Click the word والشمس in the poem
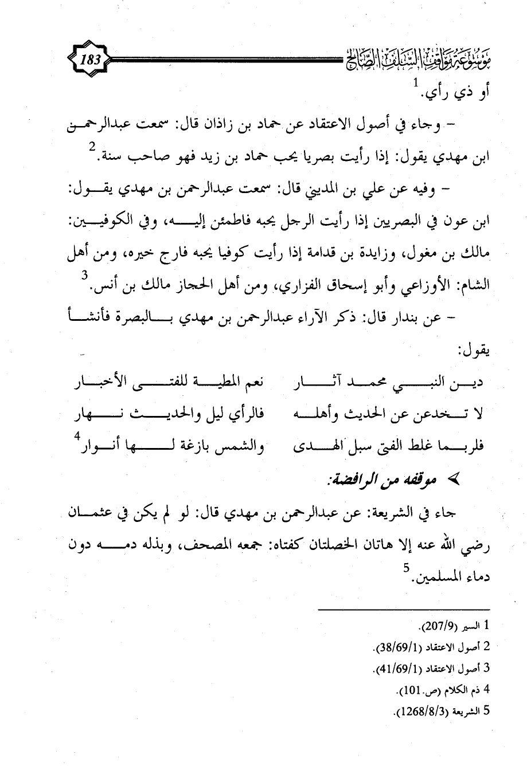[x=241, y=445]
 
